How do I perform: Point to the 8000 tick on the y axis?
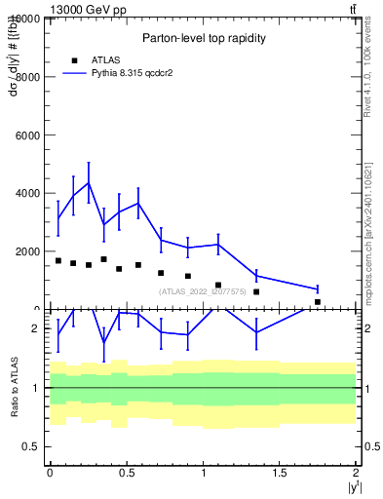click(x=25, y=76)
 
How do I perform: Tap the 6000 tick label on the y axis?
click(x=25, y=134)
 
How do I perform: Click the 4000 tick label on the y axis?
click(x=25, y=193)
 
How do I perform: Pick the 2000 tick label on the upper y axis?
click(x=25, y=251)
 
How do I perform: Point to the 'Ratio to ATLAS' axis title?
click(x=15, y=387)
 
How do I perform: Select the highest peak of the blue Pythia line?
click(x=89, y=182)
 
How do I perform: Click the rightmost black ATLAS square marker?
click(x=318, y=302)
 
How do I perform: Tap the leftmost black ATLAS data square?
click(x=58, y=260)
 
